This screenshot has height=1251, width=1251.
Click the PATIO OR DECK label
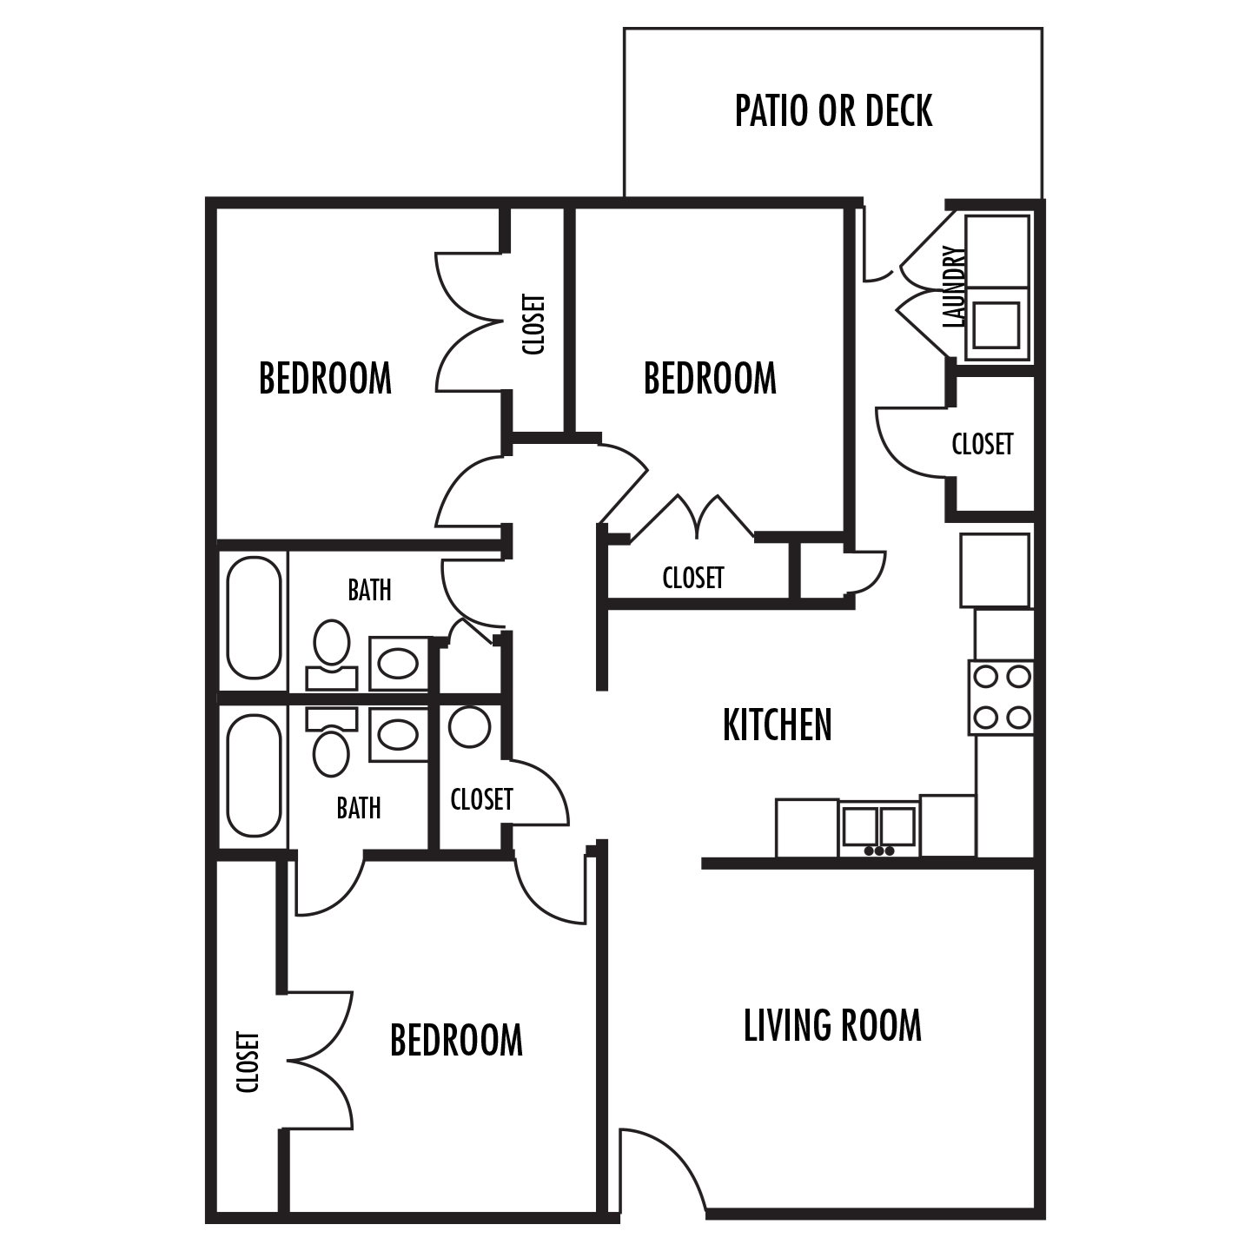point(833,111)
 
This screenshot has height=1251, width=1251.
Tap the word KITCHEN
point(777,725)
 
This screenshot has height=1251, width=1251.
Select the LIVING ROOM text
point(832,1025)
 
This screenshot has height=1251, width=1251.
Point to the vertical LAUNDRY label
point(954,287)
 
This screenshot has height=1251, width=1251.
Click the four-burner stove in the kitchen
point(1001,698)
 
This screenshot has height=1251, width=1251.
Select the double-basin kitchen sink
point(878,828)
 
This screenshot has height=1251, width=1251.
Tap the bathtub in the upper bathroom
point(254,617)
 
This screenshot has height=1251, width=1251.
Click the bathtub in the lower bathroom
point(254,775)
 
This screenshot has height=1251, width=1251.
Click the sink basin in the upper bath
point(399,664)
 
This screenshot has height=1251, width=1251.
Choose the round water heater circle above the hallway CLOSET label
point(470,726)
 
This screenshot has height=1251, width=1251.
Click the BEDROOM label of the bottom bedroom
point(456,1041)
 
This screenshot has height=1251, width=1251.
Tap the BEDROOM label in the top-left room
point(325,379)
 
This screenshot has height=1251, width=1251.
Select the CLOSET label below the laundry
point(983,445)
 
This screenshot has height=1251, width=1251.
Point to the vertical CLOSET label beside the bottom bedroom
point(248,1062)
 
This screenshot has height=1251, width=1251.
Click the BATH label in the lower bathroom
point(359,809)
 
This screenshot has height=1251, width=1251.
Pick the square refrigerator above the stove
point(995,570)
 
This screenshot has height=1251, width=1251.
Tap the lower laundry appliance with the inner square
point(996,324)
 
